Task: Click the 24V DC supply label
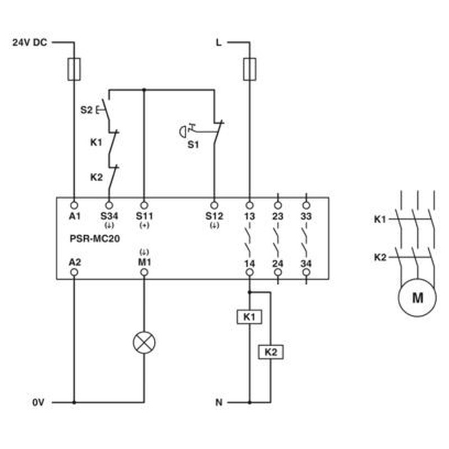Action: tap(30, 43)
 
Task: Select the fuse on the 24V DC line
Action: tap(74, 69)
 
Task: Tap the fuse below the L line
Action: tap(249, 69)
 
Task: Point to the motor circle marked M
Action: tap(417, 298)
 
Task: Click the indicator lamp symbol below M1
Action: tap(144, 342)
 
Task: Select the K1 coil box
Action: tap(249, 317)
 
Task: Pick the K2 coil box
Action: tap(271, 352)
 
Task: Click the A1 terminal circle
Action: tap(74, 205)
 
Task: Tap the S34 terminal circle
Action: tap(109, 205)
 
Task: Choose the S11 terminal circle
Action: tap(144, 205)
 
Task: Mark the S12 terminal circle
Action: tap(214, 205)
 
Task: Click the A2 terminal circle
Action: tap(74, 272)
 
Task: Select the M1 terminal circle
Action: tap(144, 272)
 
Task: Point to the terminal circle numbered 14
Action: tap(249, 272)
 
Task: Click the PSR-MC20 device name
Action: tap(95, 239)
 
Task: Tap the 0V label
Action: tap(38, 402)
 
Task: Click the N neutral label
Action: tap(219, 402)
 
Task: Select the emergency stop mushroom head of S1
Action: tap(182, 132)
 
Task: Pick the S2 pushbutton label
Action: tap(86, 109)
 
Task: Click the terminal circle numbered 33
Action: tap(306, 205)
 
